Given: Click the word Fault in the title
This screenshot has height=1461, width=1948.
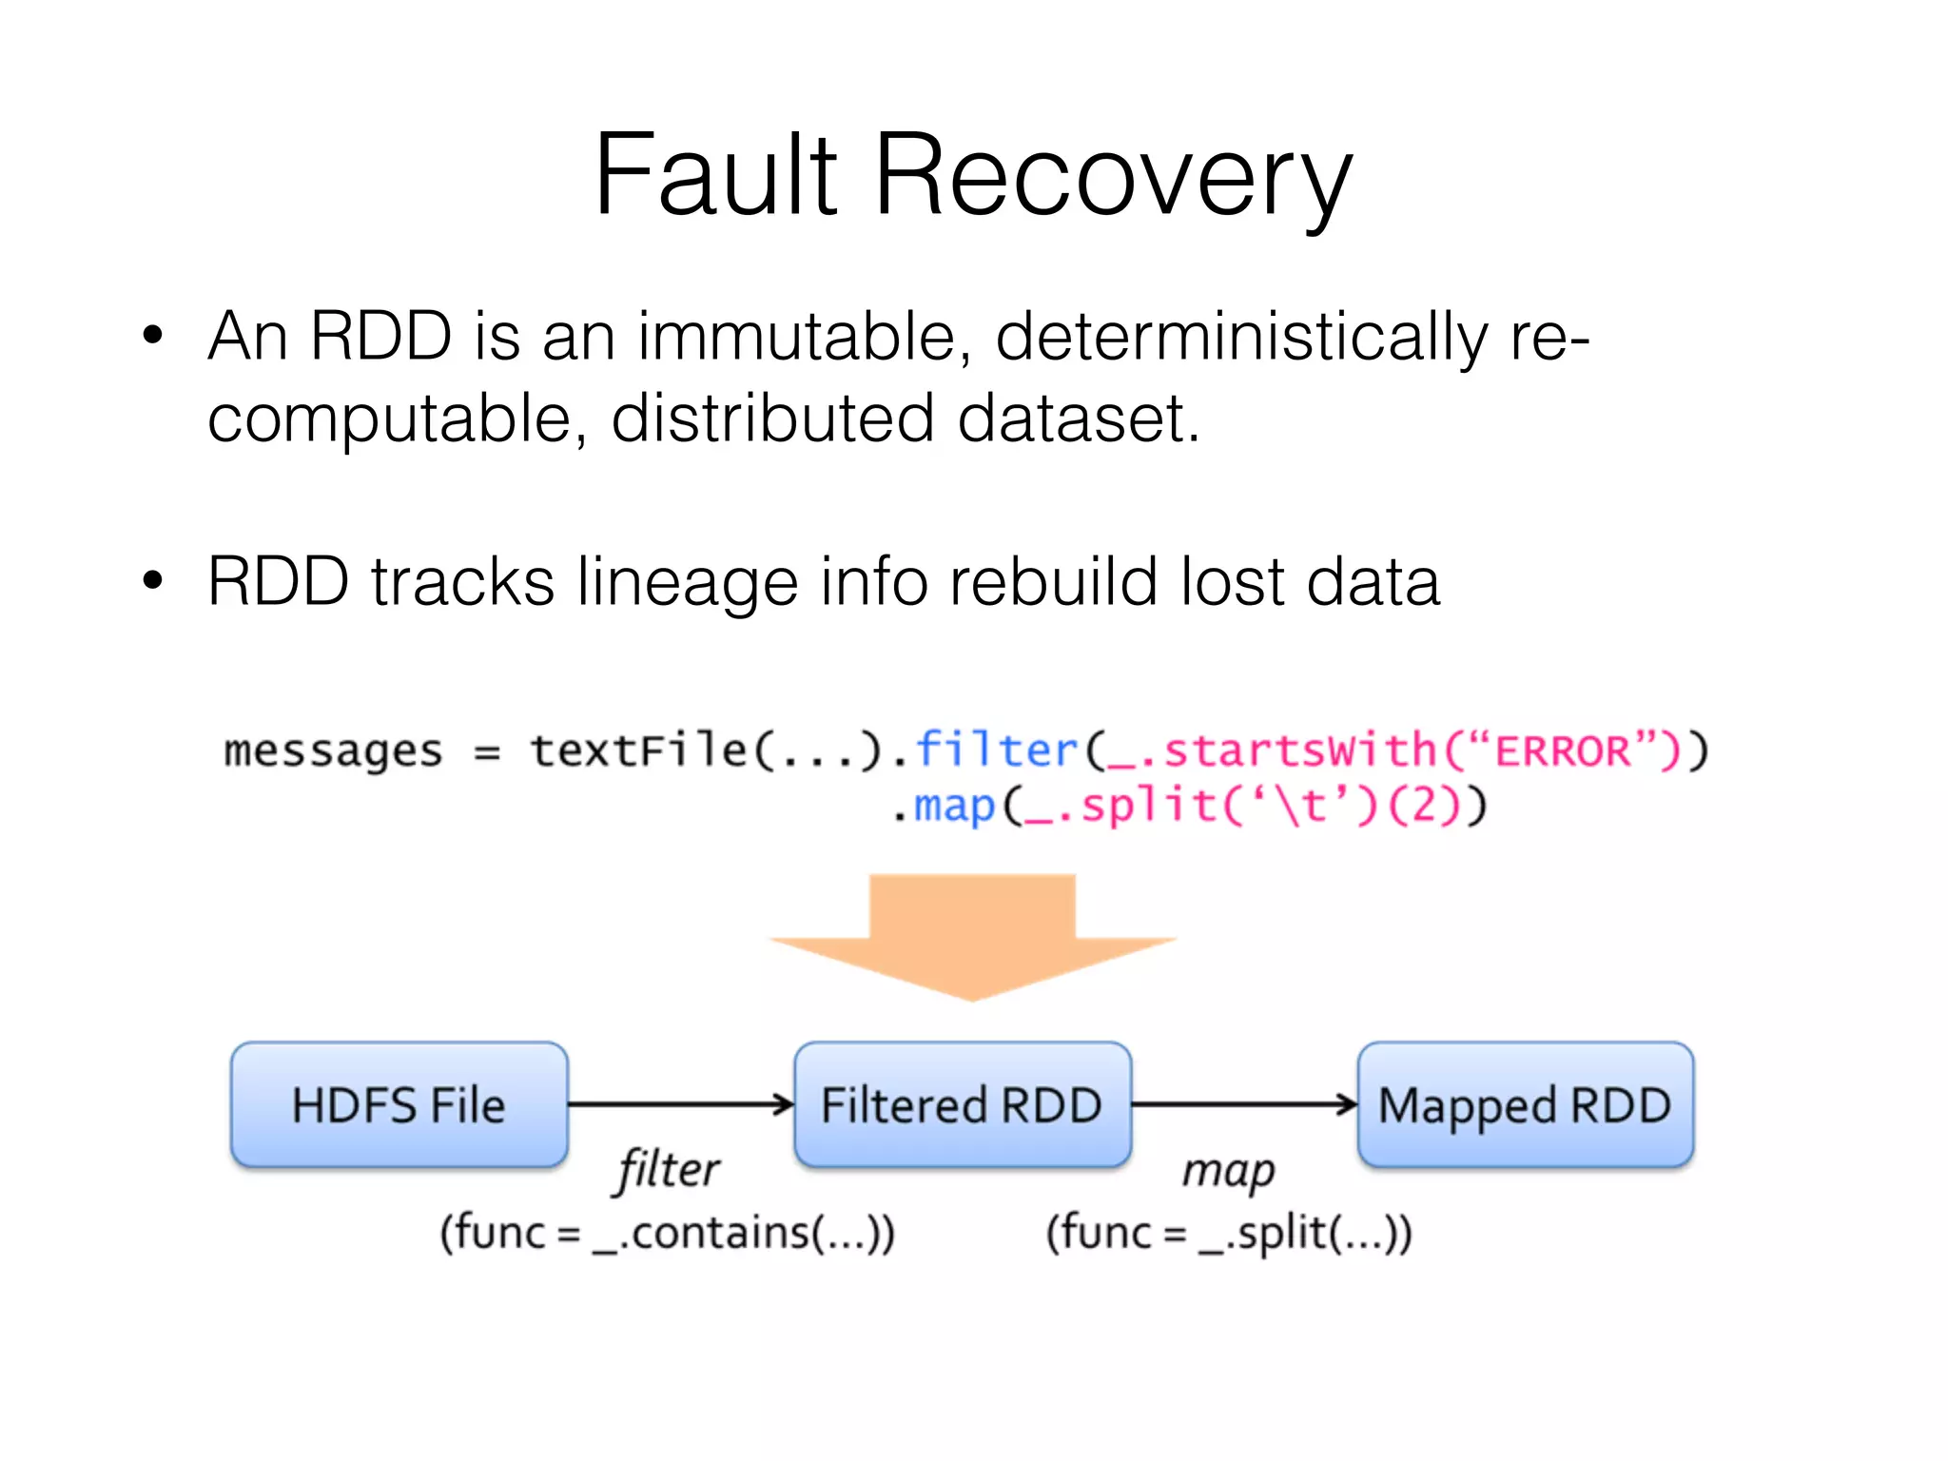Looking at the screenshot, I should (x=715, y=176).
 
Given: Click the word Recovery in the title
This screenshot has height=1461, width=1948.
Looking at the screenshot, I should (x=1112, y=176).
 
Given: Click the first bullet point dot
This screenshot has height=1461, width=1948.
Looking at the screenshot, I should (x=152, y=335).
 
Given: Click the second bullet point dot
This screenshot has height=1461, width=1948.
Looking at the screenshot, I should (x=152, y=580).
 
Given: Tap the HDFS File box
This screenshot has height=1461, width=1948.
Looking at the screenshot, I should (x=399, y=1104).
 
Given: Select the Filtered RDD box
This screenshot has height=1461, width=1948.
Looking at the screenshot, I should (x=962, y=1104).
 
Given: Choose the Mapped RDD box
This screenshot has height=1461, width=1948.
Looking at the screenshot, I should (x=1525, y=1104).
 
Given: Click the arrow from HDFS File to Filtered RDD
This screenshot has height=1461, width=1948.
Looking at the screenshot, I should (x=680, y=1104).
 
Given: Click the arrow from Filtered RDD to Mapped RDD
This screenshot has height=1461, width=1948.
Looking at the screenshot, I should (x=1243, y=1104).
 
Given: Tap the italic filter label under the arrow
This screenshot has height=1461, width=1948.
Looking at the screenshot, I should (x=668, y=1169).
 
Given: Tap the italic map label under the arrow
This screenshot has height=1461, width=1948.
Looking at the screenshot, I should (x=1228, y=1171).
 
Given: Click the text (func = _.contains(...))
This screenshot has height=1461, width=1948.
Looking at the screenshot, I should (x=668, y=1233).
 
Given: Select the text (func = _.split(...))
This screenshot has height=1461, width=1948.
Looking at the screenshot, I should (x=1228, y=1233).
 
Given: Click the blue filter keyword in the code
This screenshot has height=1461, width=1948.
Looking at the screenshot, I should (x=996, y=750).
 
